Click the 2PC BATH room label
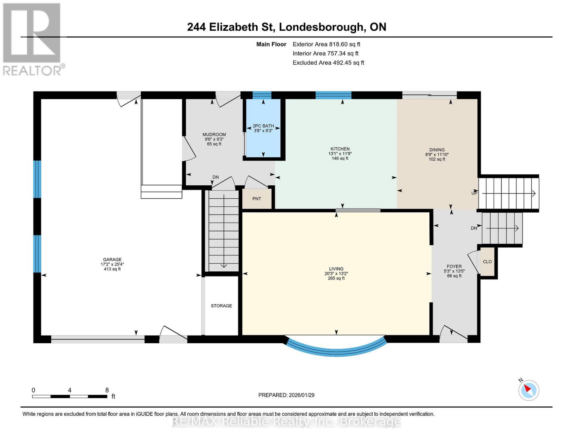(x=263, y=126)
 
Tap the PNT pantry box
(x=257, y=199)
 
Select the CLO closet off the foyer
(x=487, y=261)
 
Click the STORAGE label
(x=221, y=306)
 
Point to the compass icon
(x=529, y=390)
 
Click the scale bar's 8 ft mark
(x=107, y=391)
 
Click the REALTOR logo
(x=32, y=39)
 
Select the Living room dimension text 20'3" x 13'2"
(x=336, y=274)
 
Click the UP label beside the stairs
(x=474, y=193)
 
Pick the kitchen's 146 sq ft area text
(x=340, y=158)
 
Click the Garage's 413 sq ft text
(x=112, y=269)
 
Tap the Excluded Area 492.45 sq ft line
(x=328, y=63)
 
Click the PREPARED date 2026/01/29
(x=286, y=395)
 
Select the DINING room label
(x=437, y=150)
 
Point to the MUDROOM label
(x=214, y=135)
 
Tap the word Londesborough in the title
(x=321, y=27)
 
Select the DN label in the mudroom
(x=215, y=177)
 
